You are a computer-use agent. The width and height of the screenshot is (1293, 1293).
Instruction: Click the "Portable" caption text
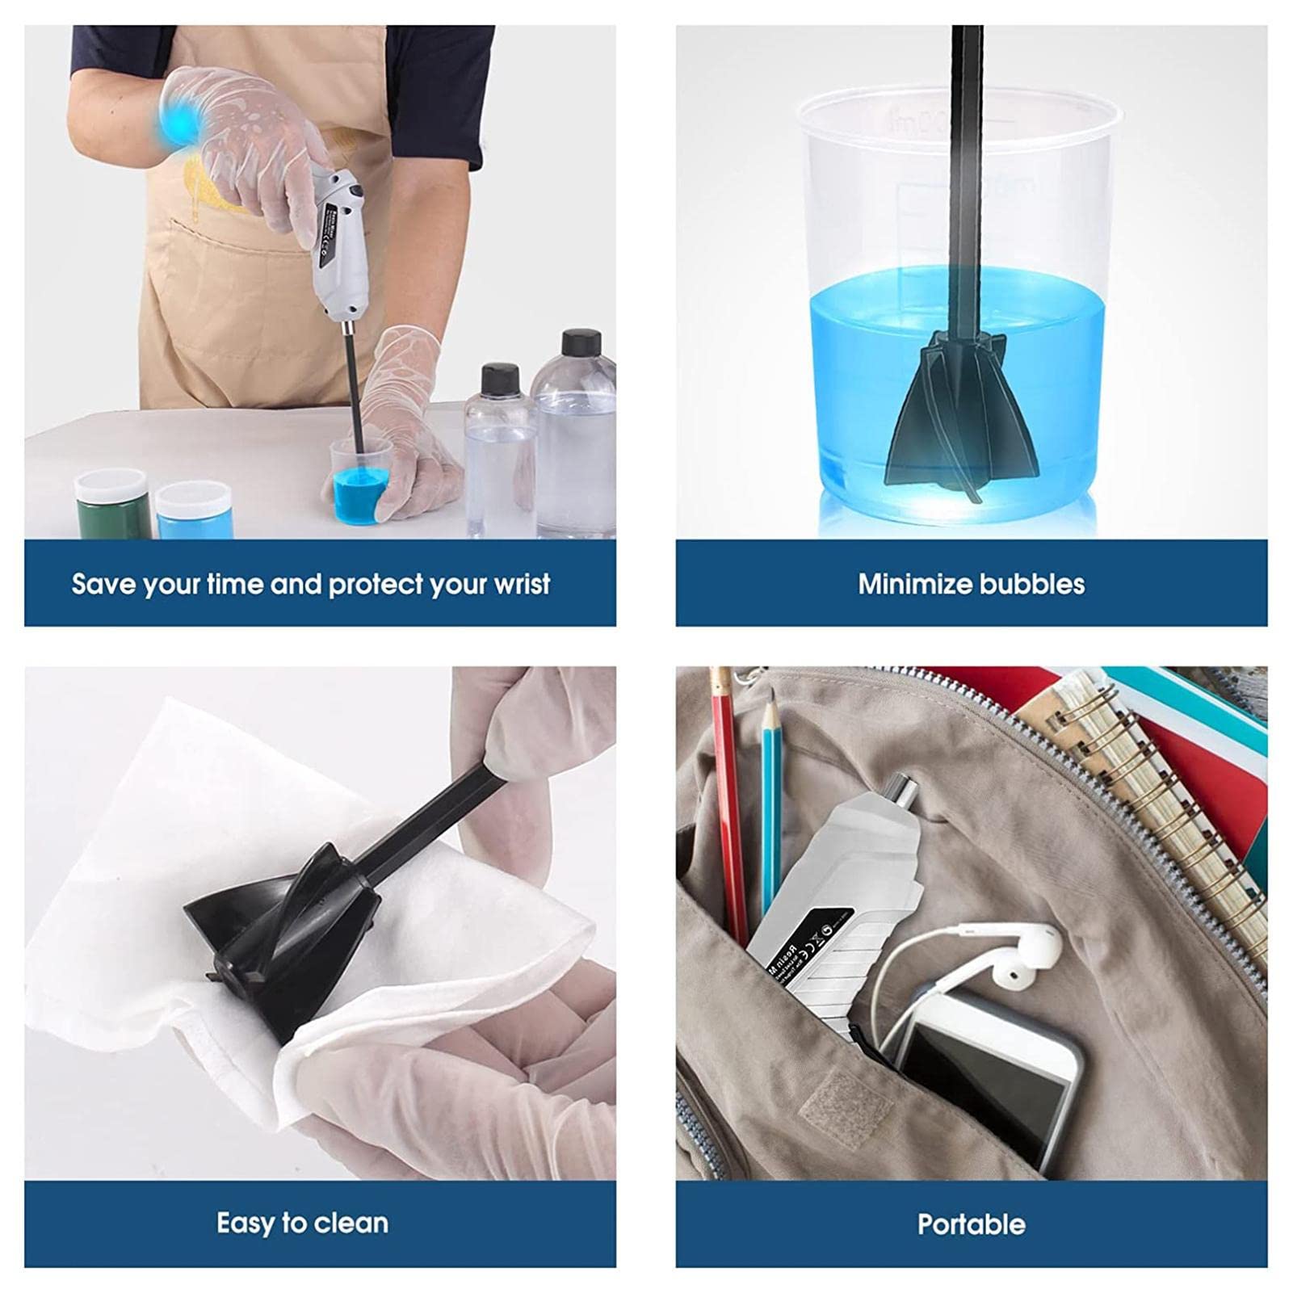(x=972, y=1224)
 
